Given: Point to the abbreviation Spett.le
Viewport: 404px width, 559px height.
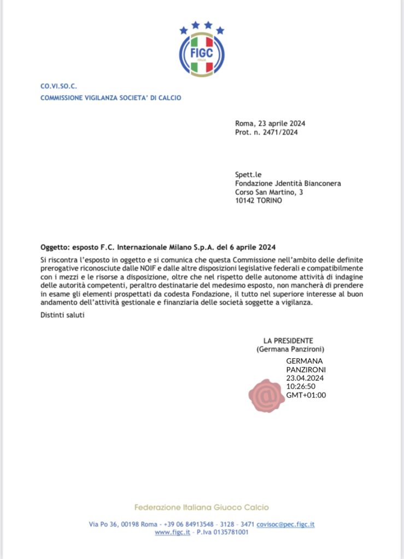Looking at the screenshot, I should click(249, 175).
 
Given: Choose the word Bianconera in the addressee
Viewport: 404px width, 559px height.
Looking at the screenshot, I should click(320, 183).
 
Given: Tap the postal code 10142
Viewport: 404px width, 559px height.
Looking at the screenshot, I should click(245, 200).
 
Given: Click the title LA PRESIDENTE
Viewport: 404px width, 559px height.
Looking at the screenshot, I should click(288, 341).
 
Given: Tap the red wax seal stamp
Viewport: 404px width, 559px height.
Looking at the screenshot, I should click(267, 395).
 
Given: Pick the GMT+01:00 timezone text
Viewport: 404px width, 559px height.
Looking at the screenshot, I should click(306, 395).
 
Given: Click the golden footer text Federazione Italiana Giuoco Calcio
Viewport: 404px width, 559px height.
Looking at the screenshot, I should click(202, 507).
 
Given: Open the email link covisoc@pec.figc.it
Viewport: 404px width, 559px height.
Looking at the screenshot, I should click(285, 524).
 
